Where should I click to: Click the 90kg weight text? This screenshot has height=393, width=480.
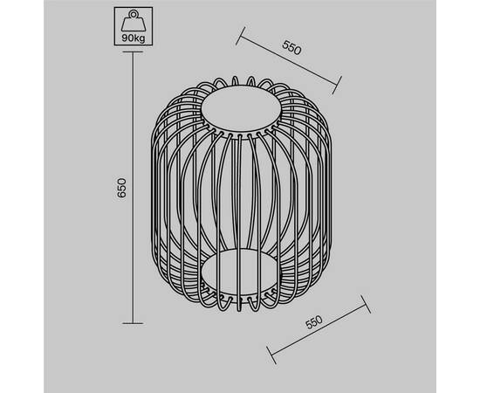coord(134,38)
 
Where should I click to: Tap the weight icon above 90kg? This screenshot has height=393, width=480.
coord(134,21)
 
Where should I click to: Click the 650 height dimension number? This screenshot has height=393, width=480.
coord(121,188)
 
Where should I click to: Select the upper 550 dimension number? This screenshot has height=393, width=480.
coord(291,47)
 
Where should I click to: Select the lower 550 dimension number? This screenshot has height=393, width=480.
coord(314,322)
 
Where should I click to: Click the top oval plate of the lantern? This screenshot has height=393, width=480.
coord(241,108)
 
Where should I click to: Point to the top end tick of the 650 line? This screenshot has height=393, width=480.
coord(133,52)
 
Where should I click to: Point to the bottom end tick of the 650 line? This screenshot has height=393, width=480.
coord(133,323)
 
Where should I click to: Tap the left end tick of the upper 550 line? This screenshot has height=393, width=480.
coord(241,36)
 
